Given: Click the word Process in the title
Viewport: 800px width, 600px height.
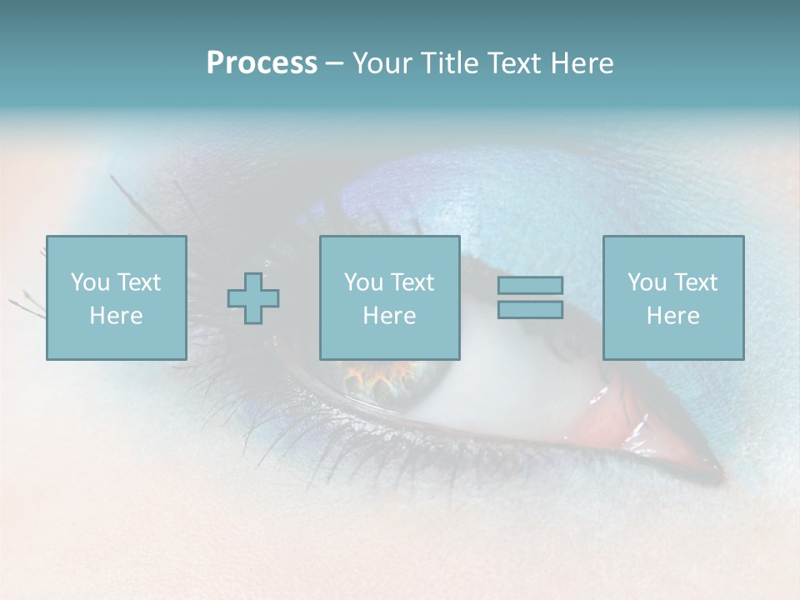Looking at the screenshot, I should tap(262, 63).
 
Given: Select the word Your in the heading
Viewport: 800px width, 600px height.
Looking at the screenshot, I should tap(383, 63).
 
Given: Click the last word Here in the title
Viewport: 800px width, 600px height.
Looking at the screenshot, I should tap(582, 63).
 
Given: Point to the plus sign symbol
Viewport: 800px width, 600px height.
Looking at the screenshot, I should tap(253, 297).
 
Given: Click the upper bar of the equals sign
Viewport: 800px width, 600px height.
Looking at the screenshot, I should tap(530, 285).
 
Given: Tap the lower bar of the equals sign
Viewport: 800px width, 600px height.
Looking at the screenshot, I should tap(530, 309).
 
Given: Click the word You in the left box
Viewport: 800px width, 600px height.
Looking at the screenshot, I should tap(90, 282).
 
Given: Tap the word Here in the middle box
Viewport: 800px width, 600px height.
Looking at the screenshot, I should tap(389, 316).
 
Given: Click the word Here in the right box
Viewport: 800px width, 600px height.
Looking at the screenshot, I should tap(672, 316).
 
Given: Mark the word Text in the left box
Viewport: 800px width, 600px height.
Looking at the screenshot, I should tap(138, 282).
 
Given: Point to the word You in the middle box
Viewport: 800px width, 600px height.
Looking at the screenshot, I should tap(363, 282).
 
